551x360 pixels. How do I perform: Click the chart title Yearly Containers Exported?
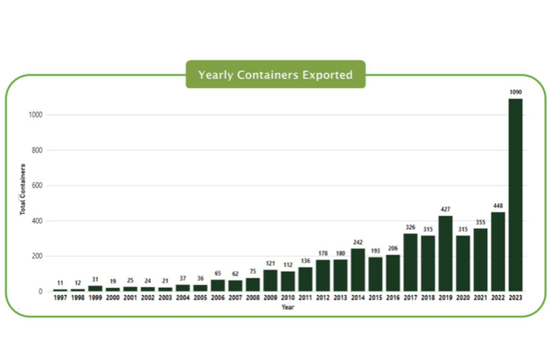pos(275,75)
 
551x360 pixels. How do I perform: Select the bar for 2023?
pos(515,195)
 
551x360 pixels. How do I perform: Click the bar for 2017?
pos(411,262)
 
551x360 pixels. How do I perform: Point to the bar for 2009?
pos(270,280)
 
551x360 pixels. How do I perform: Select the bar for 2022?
pos(497,251)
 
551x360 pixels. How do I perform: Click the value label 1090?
pos(515,92)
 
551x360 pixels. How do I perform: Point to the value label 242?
pos(358,241)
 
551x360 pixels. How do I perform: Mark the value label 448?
pos(497,206)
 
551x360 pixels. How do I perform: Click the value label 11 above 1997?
pos(60,282)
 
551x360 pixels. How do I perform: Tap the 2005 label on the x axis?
pos(200,299)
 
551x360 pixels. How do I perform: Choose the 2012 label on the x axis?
pos(323,299)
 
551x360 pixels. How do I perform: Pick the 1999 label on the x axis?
pos(95,299)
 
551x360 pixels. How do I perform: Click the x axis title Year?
pos(288,306)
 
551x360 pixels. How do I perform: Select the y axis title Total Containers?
pos(23,189)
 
